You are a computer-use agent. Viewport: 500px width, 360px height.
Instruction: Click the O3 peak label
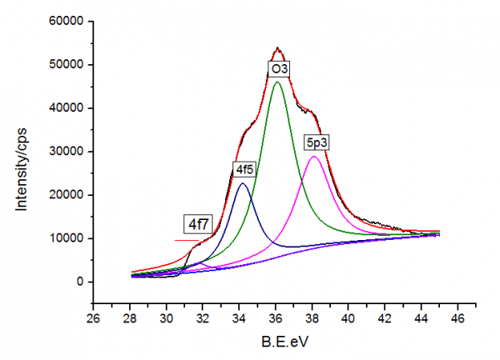coord(278,67)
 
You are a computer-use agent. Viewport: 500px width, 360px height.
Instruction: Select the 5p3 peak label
coord(317,142)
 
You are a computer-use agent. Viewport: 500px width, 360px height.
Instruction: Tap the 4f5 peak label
coord(244,170)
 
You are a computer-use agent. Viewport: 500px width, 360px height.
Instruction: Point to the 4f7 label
coord(197,224)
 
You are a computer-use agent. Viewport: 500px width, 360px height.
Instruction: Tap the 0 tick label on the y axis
coord(77,282)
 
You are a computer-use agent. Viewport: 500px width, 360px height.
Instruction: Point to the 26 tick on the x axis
coord(94,317)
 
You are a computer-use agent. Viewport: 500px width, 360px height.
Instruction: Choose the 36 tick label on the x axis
coord(276,317)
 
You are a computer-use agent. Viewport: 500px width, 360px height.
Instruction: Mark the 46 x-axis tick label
coord(457,317)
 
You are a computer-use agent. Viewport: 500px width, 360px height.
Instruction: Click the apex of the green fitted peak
coord(278,82)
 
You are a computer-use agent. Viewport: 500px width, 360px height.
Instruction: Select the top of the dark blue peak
coord(242,183)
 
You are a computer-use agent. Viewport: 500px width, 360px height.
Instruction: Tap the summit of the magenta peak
coord(314,157)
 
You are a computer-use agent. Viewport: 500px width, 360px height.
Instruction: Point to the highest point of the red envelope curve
coord(278,48)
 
